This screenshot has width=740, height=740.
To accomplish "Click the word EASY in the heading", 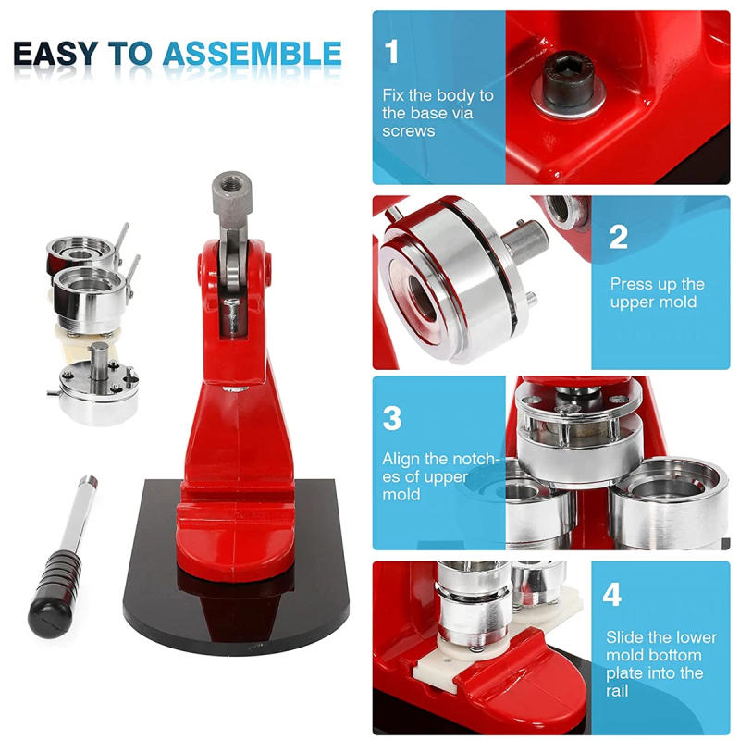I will (x=57, y=55).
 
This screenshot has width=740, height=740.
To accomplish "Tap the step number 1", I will (x=392, y=52).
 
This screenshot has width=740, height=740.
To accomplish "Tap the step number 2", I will (x=619, y=237).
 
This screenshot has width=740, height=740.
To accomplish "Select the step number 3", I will (x=392, y=418).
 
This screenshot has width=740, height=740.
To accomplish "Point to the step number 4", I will (x=612, y=595).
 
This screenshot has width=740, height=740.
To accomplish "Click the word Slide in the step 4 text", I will (x=625, y=637).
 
